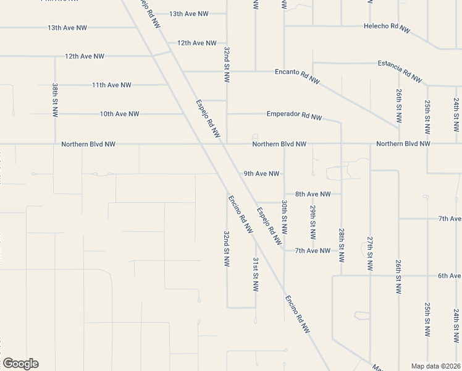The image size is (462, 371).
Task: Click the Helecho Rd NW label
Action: [x=387, y=28]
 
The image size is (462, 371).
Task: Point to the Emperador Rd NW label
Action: [x=294, y=115]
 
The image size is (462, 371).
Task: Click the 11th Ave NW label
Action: [x=111, y=85]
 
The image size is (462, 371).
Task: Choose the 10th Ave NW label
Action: [x=119, y=114]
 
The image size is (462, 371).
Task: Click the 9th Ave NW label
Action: [x=261, y=174]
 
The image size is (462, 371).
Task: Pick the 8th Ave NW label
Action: [x=313, y=194]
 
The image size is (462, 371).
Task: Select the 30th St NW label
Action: [x=284, y=216]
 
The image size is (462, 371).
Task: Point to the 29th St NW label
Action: [x=313, y=223]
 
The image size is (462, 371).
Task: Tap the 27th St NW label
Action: [x=370, y=254]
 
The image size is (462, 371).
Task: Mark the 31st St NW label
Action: [x=255, y=275]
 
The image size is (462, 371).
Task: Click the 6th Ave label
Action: [x=450, y=276]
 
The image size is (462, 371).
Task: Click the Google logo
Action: [x=20, y=364]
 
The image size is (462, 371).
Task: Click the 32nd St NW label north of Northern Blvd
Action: [x=227, y=64]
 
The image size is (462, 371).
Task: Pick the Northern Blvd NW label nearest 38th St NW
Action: [x=88, y=144]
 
